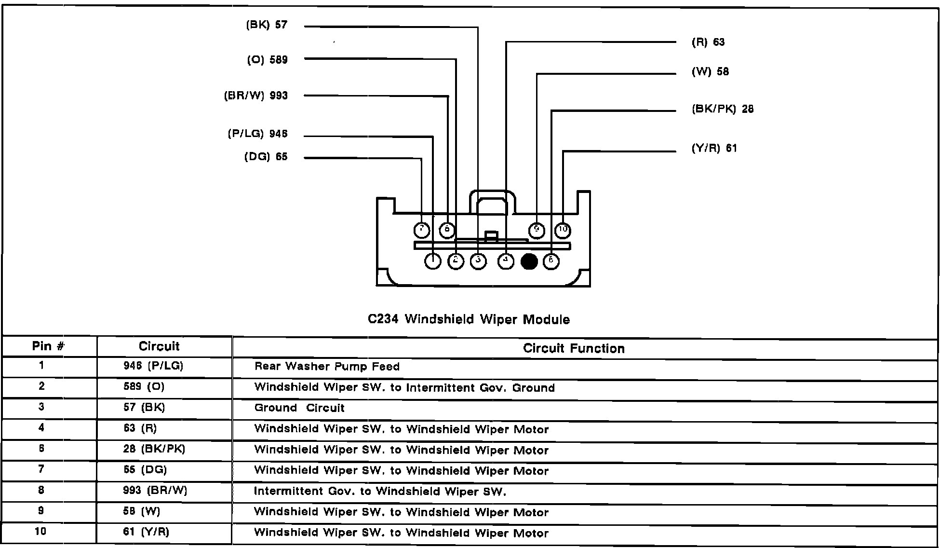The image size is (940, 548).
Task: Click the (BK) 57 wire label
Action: pyautogui.click(x=267, y=25)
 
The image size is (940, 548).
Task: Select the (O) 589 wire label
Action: pyautogui.click(x=267, y=60)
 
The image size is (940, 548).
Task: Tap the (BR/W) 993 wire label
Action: pyautogui.click(x=256, y=96)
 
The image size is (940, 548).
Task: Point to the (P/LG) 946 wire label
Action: pyautogui.click(x=258, y=134)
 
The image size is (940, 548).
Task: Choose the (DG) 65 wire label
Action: pyautogui.click(x=266, y=157)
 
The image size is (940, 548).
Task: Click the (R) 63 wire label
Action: pyautogui.click(x=708, y=42)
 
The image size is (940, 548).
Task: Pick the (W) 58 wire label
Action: pyautogui.click(x=710, y=72)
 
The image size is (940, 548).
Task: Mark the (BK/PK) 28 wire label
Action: pyautogui.click(x=723, y=110)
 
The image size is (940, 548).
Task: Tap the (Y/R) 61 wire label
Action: pyautogui.click(x=714, y=148)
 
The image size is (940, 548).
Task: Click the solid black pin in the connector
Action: pyautogui.click(x=529, y=261)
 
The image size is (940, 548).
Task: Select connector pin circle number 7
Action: pyautogui.click(x=422, y=230)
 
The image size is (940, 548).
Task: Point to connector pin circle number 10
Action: pyautogui.click(x=563, y=230)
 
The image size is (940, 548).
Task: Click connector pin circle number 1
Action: pyautogui.click(x=433, y=261)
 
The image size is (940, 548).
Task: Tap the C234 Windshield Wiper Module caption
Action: pyautogui.click(x=469, y=319)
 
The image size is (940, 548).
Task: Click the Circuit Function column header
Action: pyautogui.click(x=574, y=348)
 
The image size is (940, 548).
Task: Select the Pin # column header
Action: pyautogui.click(x=48, y=346)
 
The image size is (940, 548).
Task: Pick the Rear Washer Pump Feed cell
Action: pyautogui.click(x=327, y=367)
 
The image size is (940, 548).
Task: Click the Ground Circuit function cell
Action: pyautogui.click(x=299, y=408)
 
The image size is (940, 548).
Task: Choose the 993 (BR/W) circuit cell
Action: pyautogui.click(x=155, y=491)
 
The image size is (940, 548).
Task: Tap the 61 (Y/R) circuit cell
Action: pyautogui.click(x=146, y=532)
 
